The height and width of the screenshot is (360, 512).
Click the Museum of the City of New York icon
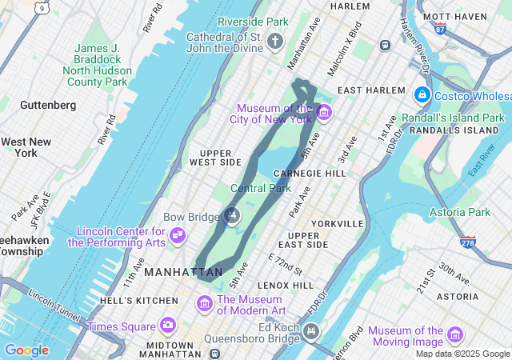click(324, 111)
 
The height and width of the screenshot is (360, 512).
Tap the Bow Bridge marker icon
click(232, 214)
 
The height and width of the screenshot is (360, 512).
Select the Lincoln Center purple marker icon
click(178, 235)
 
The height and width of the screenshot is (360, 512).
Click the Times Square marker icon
click(167, 324)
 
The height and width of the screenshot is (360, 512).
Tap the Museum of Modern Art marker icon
click(205, 304)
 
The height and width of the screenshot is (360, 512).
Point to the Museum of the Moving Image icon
click(455, 334)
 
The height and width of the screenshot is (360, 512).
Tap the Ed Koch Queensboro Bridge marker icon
click(311, 330)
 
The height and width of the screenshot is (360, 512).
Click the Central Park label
click(260, 188)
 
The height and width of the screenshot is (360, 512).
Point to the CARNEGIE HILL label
click(310, 173)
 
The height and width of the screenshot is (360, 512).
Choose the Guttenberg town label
click(48, 105)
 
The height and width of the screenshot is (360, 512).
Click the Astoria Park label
click(460, 212)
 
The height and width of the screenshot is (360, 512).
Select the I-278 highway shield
click(467, 241)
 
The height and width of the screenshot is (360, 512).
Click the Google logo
click(26, 350)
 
